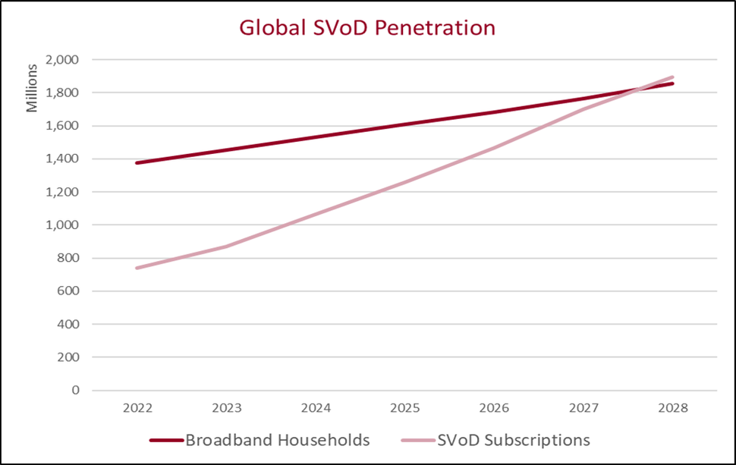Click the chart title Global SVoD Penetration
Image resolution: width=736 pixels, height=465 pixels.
point(367,28)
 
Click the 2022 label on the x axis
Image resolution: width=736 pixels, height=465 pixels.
point(137,408)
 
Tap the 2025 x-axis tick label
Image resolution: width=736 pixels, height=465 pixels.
point(405,408)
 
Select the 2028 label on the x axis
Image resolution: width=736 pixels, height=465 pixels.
point(673,408)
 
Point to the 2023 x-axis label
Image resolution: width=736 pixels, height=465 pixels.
point(227,408)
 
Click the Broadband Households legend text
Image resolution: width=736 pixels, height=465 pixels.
point(278,440)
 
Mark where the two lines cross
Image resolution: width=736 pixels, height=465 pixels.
point(634,90)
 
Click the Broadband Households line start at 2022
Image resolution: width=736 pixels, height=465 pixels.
point(137,162)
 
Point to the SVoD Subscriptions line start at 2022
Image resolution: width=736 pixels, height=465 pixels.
point(137,268)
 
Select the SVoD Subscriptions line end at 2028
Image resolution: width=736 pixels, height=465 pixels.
point(673,77)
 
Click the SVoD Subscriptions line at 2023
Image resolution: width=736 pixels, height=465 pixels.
point(227,246)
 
